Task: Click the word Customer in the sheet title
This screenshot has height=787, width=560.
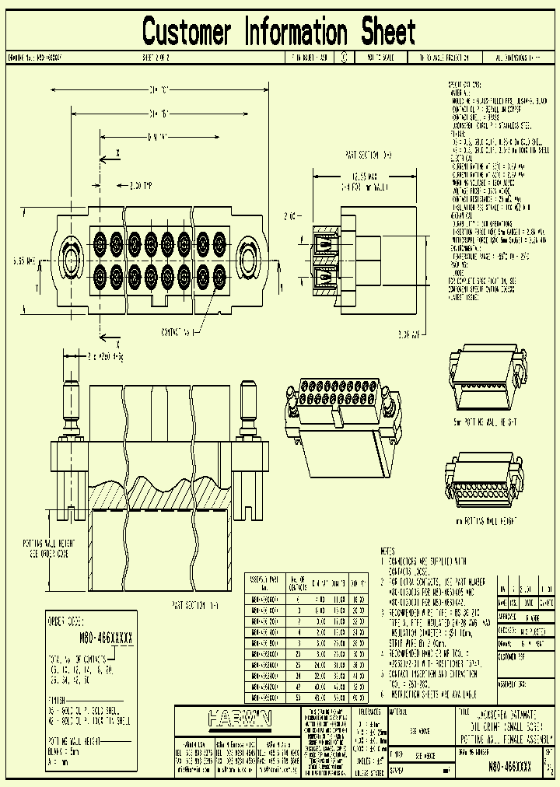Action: [187, 32]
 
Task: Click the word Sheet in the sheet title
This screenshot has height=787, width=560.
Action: [387, 32]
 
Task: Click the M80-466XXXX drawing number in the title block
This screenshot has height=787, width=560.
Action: [509, 766]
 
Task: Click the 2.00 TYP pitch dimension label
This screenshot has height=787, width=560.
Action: [142, 186]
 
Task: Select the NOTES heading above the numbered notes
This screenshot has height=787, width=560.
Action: [389, 550]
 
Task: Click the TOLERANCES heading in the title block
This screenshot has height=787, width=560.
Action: [370, 712]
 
